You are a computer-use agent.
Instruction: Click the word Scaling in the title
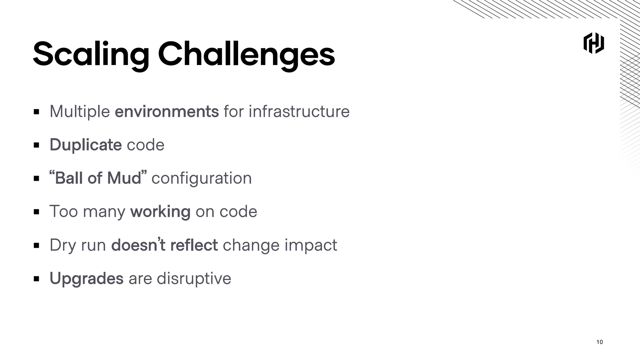pos(91,55)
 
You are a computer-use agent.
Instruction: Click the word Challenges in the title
pos(246,55)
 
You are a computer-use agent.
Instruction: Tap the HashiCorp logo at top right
pos(593,43)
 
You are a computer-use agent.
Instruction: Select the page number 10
pos(599,342)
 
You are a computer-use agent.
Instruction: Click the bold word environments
pos(167,112)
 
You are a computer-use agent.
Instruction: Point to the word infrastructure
pos(299,112)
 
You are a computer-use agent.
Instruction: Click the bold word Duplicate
pos(85,145)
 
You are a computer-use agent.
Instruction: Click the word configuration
pos(202,178)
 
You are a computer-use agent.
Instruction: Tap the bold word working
pos(160,212)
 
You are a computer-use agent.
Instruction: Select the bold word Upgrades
pos(87,278)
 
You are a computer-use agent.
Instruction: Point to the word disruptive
pos(194,278)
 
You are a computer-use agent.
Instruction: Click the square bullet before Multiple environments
pos(37,112)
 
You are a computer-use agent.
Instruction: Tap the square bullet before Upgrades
pos(37,279)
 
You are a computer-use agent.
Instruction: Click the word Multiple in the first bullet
pos(80,112)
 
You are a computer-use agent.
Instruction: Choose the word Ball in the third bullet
pos(69,178)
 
